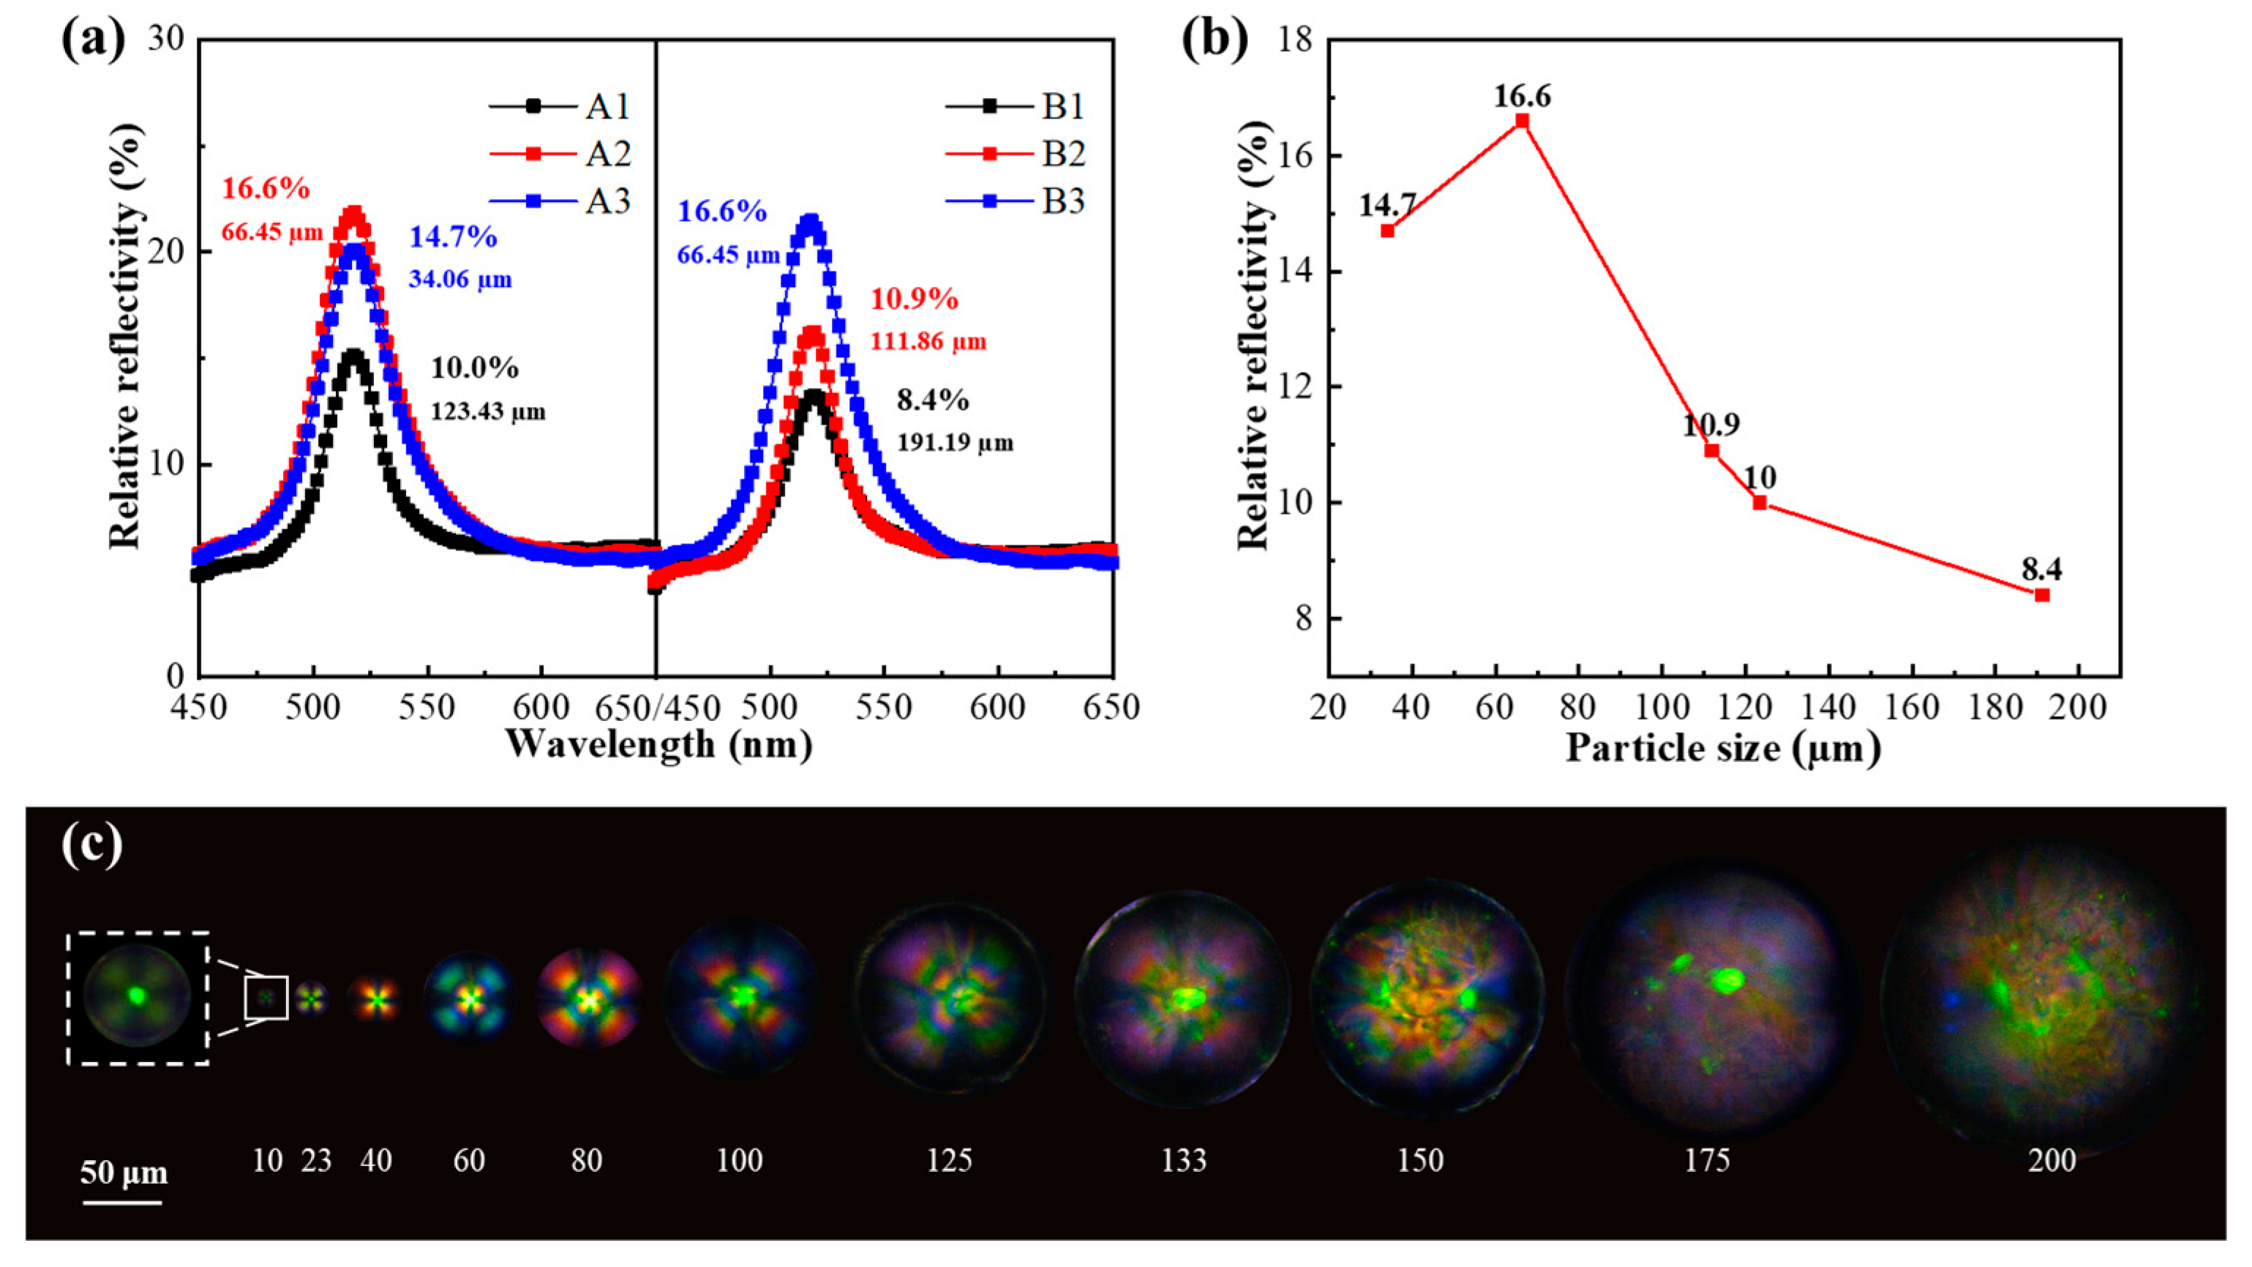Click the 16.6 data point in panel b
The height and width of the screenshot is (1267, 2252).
tap(1522, 121)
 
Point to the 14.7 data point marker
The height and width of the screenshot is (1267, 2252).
tap(1387, 231)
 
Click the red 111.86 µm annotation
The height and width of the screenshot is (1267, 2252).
tap(928, 341)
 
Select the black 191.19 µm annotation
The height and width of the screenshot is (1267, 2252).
tap(955, 442)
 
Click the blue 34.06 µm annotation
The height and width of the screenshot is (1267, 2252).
tap(460, 280)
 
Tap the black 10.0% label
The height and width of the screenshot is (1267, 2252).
tap(475, 368)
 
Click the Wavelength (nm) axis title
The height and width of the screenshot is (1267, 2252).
tap(659, 745)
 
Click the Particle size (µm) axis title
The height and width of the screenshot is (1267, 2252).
tap(1723, 750)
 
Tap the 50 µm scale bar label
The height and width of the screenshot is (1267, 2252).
tap(124, 1172)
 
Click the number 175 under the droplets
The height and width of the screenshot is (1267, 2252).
tap(1708, 1160)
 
